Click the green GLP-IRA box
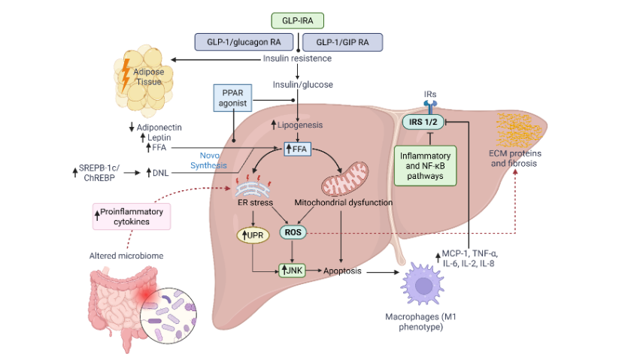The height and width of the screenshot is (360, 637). (x=299, y=20)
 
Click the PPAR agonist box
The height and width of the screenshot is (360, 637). (x=232, y=98)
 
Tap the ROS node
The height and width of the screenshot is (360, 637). (x=293, y=233)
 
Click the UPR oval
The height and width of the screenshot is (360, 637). (x=254, y=234)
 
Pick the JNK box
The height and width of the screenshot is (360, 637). (x=292, y=269)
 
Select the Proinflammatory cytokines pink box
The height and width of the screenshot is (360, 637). (x=131, y=216)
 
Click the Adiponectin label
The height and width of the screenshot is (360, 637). (x=159, y=126)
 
